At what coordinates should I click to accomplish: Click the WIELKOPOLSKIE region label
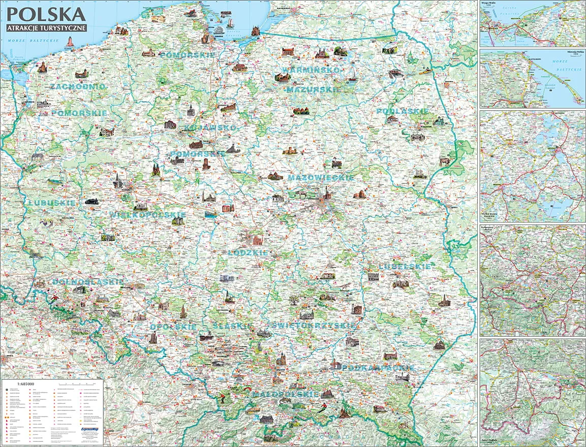tap(148, 215)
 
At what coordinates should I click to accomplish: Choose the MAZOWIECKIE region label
tap(320, 178)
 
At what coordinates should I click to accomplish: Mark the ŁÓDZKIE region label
tap(247, 252)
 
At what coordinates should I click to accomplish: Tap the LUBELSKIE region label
tap(405, 266)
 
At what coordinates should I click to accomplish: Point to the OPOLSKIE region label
tap(173, 327)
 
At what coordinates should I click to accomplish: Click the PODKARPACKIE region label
tap(378, 367)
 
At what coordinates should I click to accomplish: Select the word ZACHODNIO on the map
tap(78, 87)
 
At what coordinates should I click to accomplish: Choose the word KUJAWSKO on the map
tap(210, 127)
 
